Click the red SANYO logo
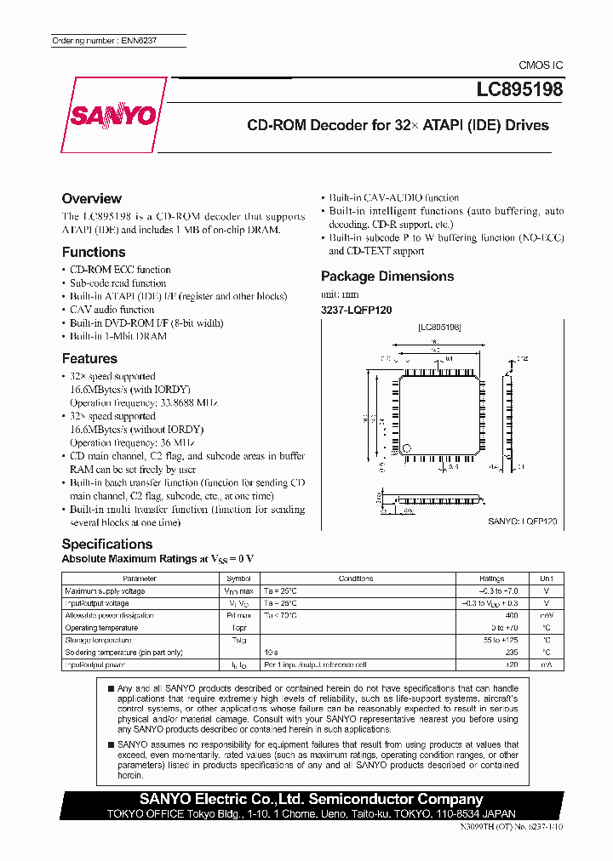(x=113, y=116)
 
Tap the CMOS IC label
(x=541, y=66)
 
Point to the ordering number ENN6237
(x=104, y=41)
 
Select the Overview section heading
(x=92, y=198)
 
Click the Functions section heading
(x=94, y=252)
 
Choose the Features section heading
(x=89, y=358)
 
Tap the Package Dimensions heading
(x=387, y=276)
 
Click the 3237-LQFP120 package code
(x=356, y=311)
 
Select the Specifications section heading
(x=107, y=544)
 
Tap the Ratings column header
(x=491, y=579)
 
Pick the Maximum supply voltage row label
(x=105, y=590)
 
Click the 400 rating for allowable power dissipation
(x=511, y=615)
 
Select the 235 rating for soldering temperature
(x=511, y=652)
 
